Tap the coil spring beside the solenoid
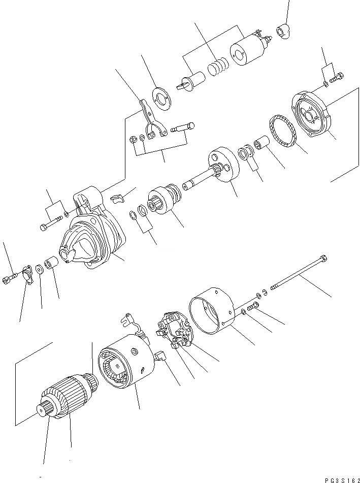(x=217, y=67)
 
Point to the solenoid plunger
(x=192, y=81)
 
